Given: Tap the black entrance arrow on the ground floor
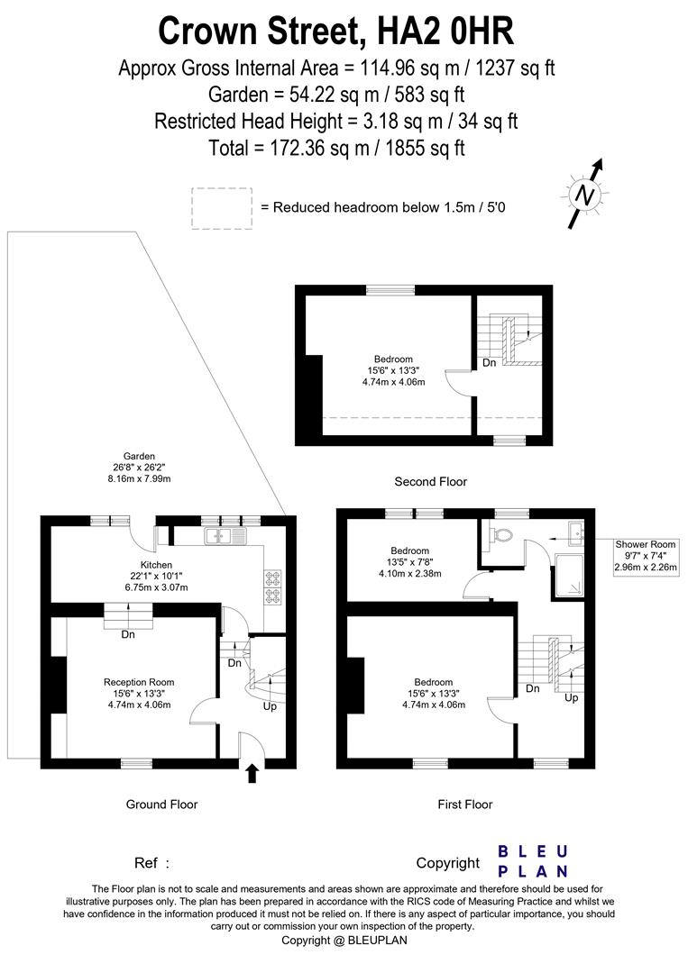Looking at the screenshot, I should [252, 770].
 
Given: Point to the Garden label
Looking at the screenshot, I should [141, 467].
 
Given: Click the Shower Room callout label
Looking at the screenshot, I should [645, 555].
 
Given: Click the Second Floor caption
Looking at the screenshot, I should [431, 482].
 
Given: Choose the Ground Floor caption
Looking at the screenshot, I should [161, 805].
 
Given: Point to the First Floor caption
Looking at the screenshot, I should [465, 805].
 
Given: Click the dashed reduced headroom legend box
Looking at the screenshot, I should [222, 206].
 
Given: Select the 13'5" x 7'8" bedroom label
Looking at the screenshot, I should [409, 562].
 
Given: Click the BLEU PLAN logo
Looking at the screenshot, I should [533, 861].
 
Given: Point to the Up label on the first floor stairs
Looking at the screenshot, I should [571, 697].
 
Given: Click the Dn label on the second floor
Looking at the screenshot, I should [489, 362].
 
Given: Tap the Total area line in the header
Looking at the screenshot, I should [335, 148].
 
